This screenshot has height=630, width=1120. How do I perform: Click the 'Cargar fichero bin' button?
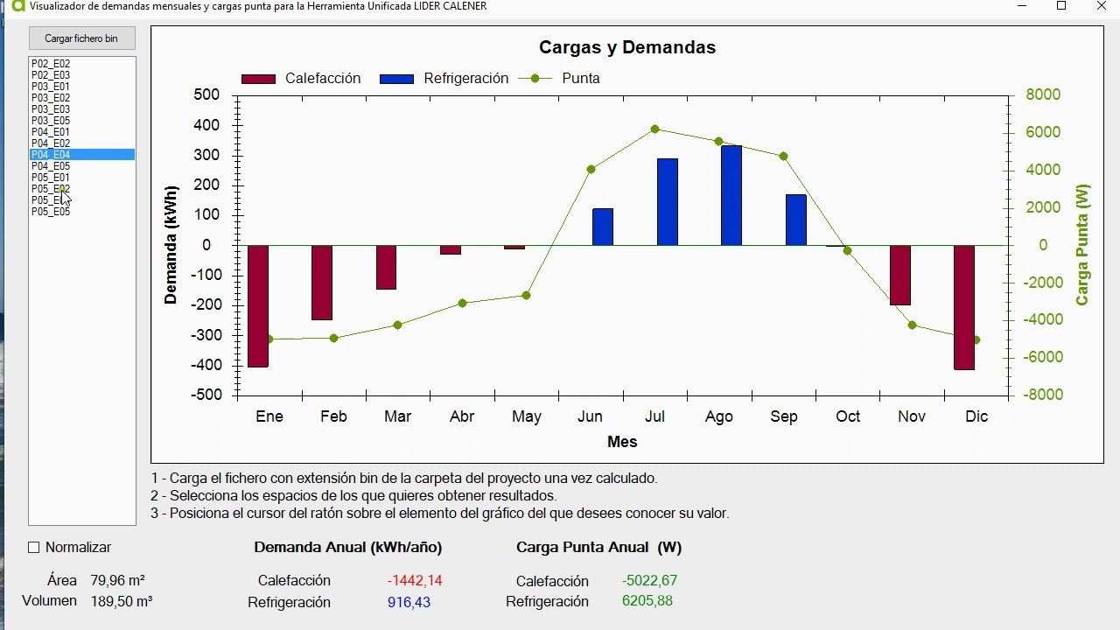tap(81, 38)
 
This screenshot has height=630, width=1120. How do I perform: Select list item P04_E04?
tap(51, 155)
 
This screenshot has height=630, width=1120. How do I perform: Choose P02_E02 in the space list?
tap(51, 64)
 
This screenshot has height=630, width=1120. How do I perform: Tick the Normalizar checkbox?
tap(34, 548)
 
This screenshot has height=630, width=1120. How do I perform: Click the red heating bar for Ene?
tap(258, 306)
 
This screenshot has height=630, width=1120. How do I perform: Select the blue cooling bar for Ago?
tap(731, 196)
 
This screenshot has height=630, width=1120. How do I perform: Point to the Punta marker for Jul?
tap(654, 129)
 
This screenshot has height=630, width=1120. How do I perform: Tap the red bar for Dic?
tap(964, 307)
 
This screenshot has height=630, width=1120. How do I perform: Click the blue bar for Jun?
tap(603, 227)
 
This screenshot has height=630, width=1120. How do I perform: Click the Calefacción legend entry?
tap(301, 79)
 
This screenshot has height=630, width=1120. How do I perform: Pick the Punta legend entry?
tap(560, 79)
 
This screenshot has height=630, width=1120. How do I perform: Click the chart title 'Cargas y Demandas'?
tap(626, 48)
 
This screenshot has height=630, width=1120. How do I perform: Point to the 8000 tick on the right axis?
tap(1042, 94)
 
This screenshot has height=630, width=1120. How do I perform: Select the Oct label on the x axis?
tap(847, 416)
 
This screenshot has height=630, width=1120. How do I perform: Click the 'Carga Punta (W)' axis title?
tap(1082, 245)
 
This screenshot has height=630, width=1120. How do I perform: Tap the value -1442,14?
tap(415, 581)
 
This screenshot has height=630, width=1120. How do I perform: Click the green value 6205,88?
tap(647, 601)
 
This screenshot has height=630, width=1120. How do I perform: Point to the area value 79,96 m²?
tap(117, 581)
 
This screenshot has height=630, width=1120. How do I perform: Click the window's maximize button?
tap(1061, 6)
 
